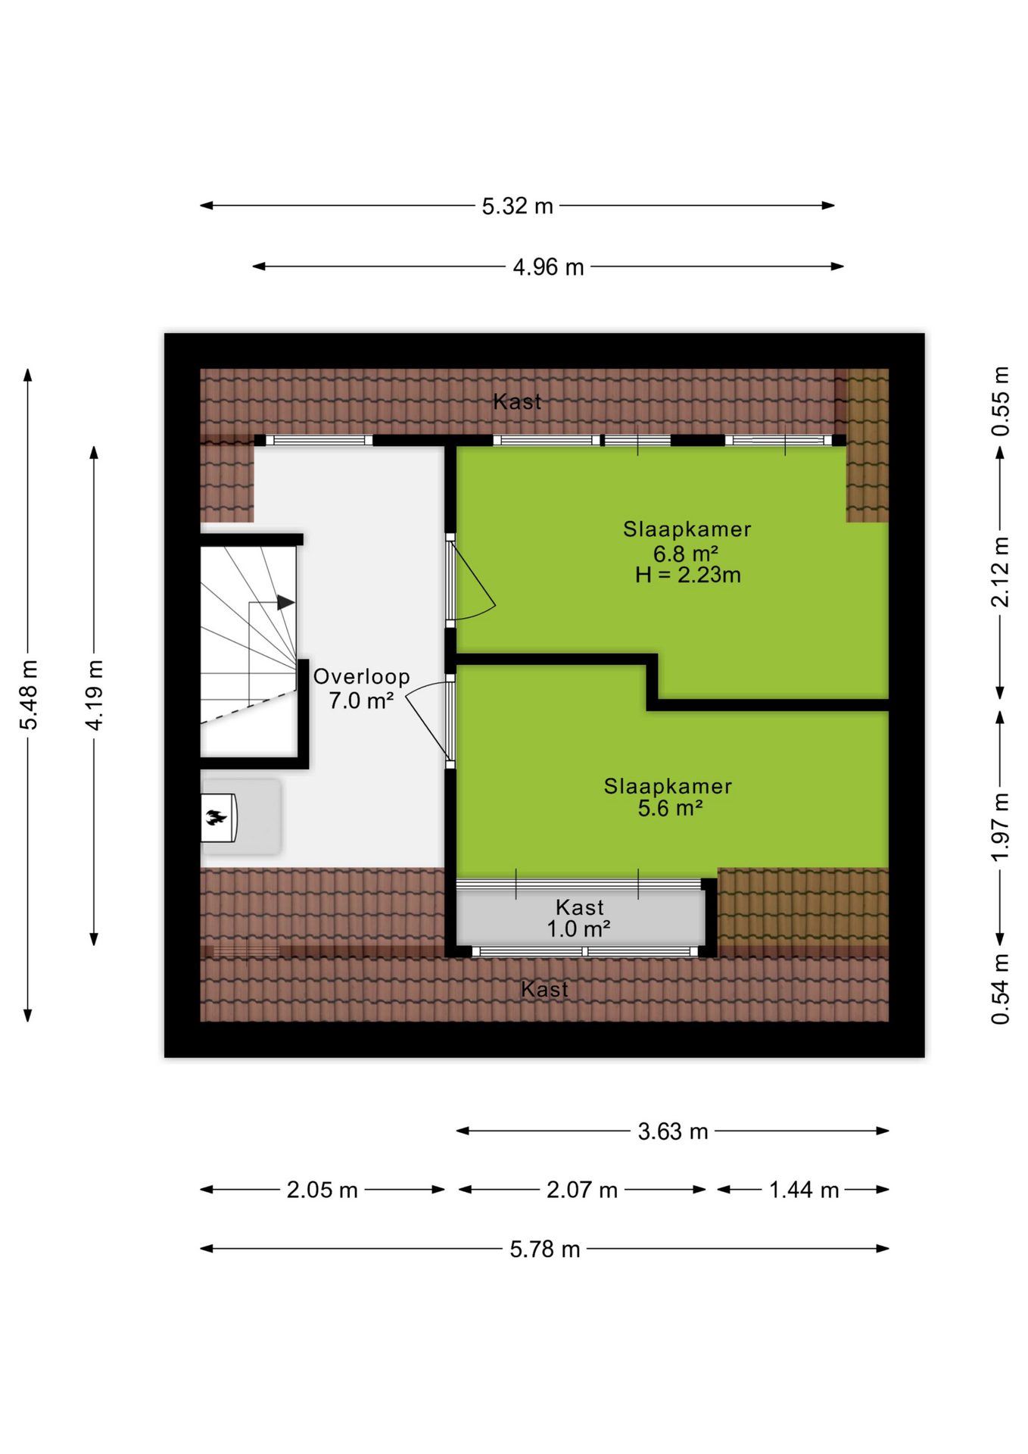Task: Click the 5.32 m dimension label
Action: [x=518, y=206]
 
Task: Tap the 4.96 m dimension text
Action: [x=548, y=267]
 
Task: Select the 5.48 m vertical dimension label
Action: [x=29, y=695]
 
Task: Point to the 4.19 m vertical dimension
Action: [x=94, y=695]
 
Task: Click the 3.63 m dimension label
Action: [x=673, y=1131]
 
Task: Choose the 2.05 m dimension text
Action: [x=322, y=1190]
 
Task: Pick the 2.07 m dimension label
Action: [x=582, y=1190]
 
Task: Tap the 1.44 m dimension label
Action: [x=804, y=1190]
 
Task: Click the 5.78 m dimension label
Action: [x=545, y=1249]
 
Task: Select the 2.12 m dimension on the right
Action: [x=1001, y=573]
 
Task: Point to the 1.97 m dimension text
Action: [x=1001, y=827]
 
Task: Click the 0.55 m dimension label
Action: [x=1001, y=401]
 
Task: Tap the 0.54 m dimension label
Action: [x=1001, y=990]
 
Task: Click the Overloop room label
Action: [x=362, y=677]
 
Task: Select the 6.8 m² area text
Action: [x=686, y=554]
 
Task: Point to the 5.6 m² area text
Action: [x=670, y=809]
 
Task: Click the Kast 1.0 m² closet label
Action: [x=579, y=918]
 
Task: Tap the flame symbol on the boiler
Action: [x=217, y=817]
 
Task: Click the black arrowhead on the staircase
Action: [x=285, y=603]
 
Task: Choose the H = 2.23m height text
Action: [x=687, y=576]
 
